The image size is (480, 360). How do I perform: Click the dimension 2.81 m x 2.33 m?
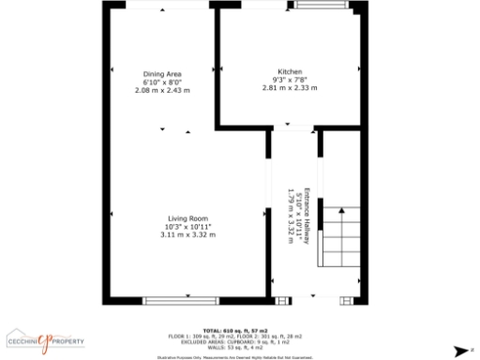(x=290, y=88)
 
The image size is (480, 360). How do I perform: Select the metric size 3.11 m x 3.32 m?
(x=187, y=234)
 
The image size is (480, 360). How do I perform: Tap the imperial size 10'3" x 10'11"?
(x=187, y=227)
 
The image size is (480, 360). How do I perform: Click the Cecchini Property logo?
(x=46, y=339)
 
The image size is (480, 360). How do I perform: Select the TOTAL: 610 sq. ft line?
(x=240, y=331)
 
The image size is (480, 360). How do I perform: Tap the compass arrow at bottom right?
(x=459, y=351)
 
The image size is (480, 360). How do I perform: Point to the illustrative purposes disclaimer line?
(x=240, y=356)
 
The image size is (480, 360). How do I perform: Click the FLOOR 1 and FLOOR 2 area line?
(x=240, y=337)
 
